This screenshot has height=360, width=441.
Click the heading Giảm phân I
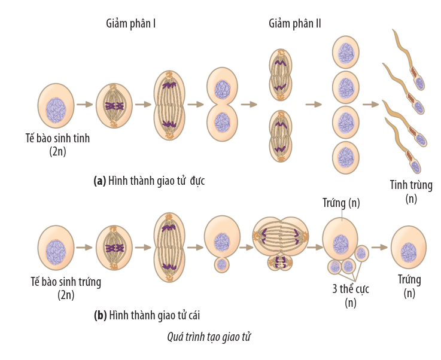[x=131, y=25]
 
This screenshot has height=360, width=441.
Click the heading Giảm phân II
[x=295, y=25]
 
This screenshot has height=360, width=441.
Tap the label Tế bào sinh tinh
[x=57, y=139]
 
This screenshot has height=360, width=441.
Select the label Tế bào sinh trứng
[x=66, y=282]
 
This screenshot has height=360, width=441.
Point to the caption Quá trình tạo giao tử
[x=209, y=337]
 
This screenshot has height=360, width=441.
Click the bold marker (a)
[x=100, y=180]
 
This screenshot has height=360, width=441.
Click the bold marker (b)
[x=100, y=315]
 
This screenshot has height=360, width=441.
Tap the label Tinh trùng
[x=411, y=185]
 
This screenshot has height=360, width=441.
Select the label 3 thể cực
[x=351, y=289]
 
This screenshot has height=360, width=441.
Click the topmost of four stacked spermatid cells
[x=346, y=53]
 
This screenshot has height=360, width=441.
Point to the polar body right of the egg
[x=361, y=253]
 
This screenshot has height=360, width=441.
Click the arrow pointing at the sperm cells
[x=370, y=105]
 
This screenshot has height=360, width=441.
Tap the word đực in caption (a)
[x=197, y=180]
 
